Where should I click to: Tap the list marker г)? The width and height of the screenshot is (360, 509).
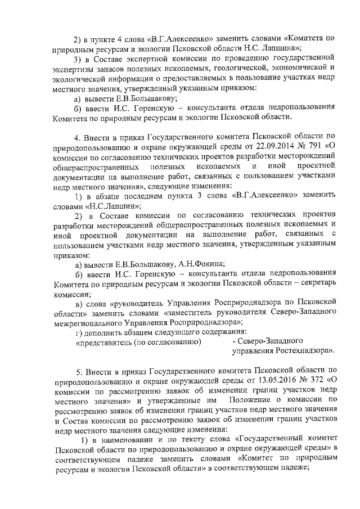79,332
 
